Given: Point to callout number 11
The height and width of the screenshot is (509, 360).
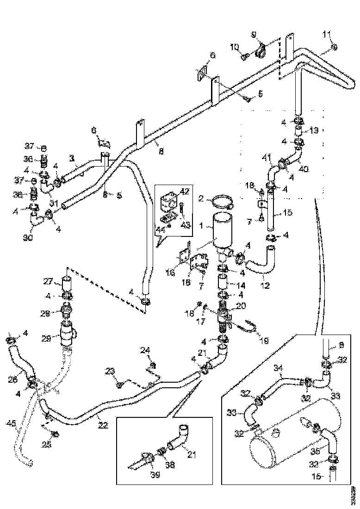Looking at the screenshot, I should tap(327, 35).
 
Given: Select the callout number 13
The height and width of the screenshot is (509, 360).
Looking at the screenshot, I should tap(315, 131).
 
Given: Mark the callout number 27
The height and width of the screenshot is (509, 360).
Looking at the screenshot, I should tap(49, 282).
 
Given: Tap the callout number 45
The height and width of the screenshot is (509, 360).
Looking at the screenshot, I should tap(11, 422).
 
